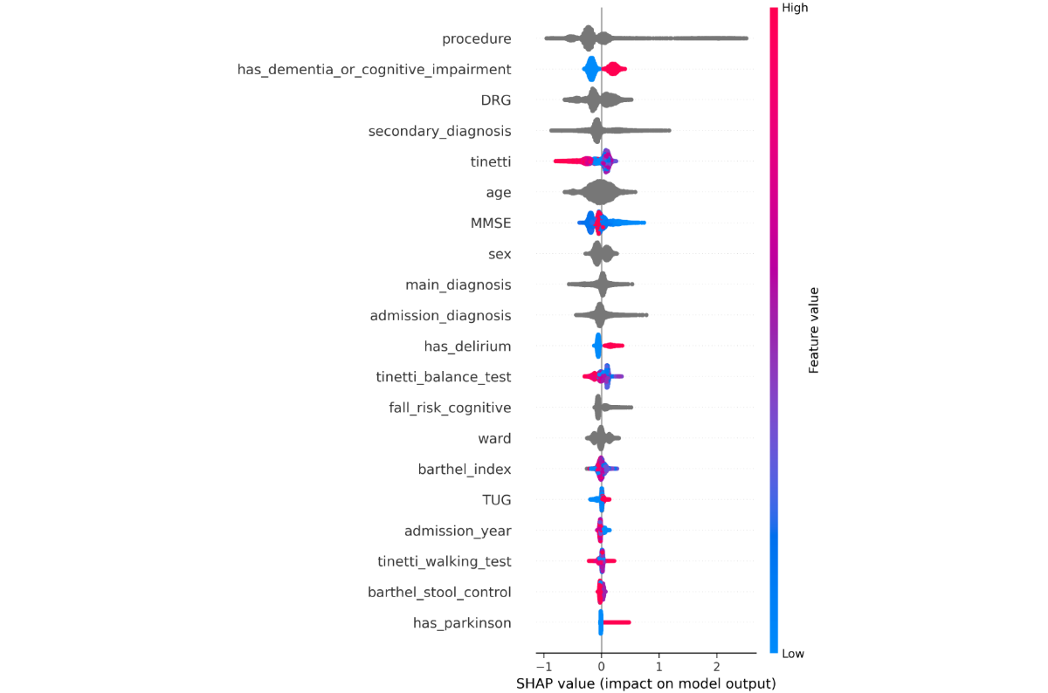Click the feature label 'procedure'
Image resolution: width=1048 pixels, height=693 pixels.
click(476, 38)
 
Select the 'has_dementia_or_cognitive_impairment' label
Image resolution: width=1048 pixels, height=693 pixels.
click(374, 69)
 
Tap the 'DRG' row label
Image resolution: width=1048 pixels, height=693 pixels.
click(495, 99)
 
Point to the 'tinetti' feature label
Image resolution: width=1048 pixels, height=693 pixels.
click(490, 161)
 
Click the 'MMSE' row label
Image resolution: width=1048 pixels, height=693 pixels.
click(490, 223)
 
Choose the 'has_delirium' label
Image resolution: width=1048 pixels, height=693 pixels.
click(467, 346)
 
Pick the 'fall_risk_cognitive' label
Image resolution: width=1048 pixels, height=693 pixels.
click(450, 408)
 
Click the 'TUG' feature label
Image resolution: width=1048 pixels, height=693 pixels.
click(496, 500)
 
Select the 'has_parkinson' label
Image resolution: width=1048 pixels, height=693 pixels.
click(462, 622)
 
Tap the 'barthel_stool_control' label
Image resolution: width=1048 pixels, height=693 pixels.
click(439, 592)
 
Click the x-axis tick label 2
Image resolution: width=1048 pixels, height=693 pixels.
click(716, 667)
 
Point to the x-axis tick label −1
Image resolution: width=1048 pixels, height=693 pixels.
click(541, 667)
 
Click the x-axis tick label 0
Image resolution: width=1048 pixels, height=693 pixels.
click(601, 667)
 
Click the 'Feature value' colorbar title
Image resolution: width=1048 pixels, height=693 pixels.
click(813, 331)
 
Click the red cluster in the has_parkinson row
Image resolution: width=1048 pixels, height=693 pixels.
click(617, 622)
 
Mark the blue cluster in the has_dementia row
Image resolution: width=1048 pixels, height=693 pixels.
click(590, 69)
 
